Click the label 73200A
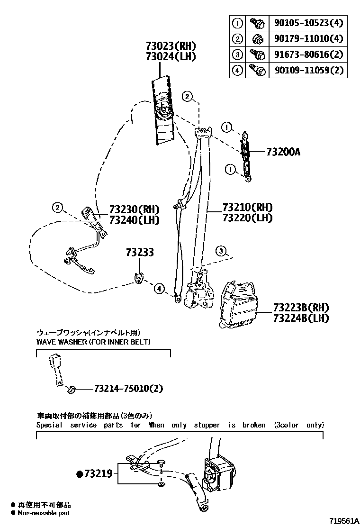point(283,152)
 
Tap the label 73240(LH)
point(134,220)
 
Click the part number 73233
point(140,253)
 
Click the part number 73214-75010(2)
point(128,389)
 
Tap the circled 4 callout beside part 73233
point(160,289)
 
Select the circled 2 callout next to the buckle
point(57,208)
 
